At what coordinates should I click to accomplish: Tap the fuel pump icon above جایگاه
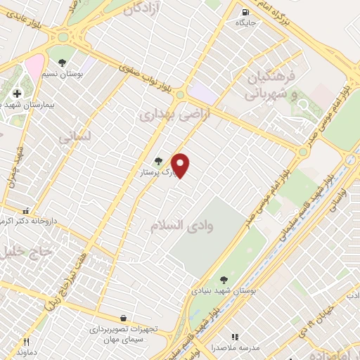pos(245,12)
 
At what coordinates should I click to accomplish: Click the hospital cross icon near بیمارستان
pos(17,94)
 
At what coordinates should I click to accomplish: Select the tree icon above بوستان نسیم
pos(63,63)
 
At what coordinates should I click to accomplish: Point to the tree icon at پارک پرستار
pos(157,161)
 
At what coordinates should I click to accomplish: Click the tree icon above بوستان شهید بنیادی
pos(224,279)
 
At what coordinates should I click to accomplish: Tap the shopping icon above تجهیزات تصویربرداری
pos(124,319)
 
